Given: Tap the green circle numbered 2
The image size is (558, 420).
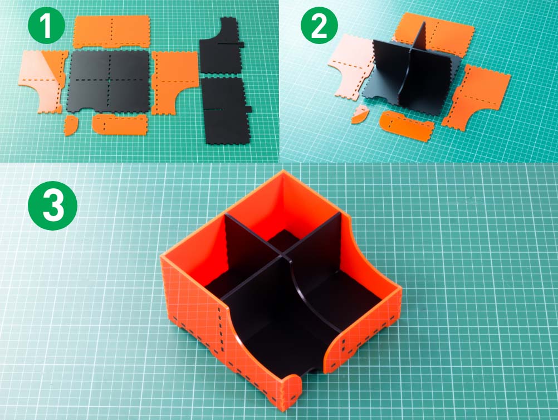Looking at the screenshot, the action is (319, 25).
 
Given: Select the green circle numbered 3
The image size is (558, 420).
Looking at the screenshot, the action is (53, 206).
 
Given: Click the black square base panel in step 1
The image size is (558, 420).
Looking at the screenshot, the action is (109, 81).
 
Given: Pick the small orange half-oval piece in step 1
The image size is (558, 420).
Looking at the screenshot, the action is (71, 125).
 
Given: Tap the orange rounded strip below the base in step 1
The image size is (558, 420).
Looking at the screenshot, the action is (120, 124).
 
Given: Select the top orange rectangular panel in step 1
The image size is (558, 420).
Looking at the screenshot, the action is (111, 31).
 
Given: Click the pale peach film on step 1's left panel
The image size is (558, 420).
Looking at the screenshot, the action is (37, 81).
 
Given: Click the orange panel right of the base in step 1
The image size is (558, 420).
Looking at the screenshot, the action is (174, 81).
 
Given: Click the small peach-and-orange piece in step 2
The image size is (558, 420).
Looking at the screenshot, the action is (359, 114).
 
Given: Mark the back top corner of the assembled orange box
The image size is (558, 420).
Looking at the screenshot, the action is (283, 171).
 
